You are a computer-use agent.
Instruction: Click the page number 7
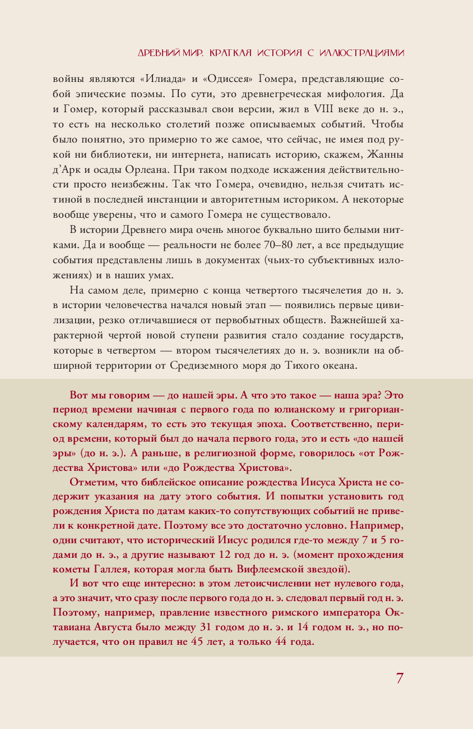click(x=400, y=678)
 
